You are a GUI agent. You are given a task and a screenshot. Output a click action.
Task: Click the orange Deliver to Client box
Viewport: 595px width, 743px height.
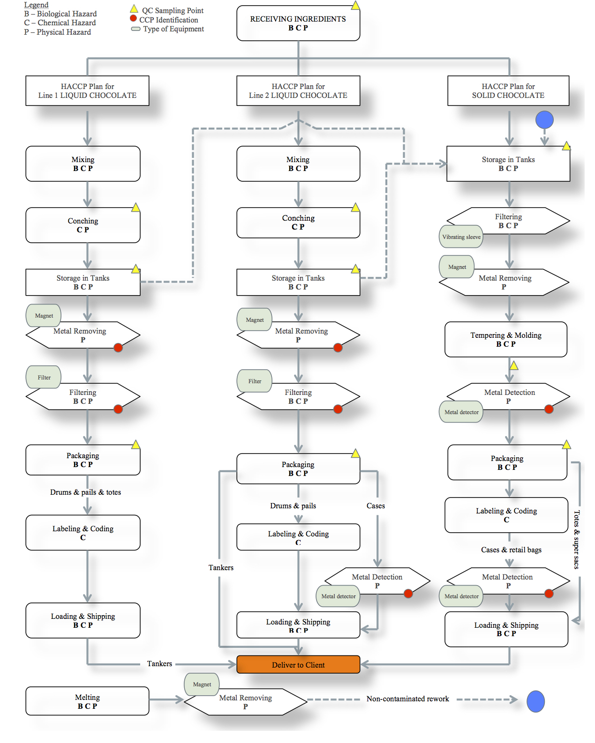(298, 664)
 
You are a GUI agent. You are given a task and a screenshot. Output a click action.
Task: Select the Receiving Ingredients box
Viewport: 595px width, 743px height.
(298, 23)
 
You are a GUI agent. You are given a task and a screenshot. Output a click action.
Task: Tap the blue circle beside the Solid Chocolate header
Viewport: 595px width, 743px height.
(544, 120)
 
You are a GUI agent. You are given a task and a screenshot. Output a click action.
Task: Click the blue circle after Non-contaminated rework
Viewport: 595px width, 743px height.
(535, 701)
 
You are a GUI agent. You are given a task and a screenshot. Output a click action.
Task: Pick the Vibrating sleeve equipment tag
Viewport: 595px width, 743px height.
(461, 237)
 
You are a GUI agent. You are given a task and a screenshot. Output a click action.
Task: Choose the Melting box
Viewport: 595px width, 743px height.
(87, 701)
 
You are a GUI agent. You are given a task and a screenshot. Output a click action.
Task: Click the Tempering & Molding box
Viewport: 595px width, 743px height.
(505, 339)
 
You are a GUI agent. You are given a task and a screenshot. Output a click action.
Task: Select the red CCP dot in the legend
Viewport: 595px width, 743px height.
(134, 19)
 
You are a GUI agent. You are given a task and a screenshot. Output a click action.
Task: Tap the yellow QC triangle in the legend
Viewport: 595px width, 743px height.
(134, 9)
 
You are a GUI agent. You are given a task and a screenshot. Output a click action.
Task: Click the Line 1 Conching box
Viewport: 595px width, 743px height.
(83, 225)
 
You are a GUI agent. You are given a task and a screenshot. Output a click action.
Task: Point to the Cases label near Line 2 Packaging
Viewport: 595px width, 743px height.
(376, 506)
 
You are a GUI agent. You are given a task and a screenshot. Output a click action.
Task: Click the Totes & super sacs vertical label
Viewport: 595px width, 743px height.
(577, 539)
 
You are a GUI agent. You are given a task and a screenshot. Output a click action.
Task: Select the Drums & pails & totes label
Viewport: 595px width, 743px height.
(85, 492)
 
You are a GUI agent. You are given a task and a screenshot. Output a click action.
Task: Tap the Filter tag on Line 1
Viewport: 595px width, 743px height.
(44, 377)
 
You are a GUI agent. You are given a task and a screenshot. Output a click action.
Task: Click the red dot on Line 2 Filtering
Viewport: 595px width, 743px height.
(338, 409)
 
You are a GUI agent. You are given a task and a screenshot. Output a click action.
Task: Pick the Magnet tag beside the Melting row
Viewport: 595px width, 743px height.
(202, 684)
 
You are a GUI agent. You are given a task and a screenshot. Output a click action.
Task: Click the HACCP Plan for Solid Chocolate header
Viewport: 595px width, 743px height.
(508, 91)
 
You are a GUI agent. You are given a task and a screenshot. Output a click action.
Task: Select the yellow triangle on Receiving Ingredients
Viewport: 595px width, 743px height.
(355, 6)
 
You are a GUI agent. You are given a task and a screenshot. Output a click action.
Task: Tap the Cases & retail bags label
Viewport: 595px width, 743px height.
(511, 550)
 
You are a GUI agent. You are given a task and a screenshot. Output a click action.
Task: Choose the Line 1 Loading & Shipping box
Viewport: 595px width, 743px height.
(83, 620)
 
